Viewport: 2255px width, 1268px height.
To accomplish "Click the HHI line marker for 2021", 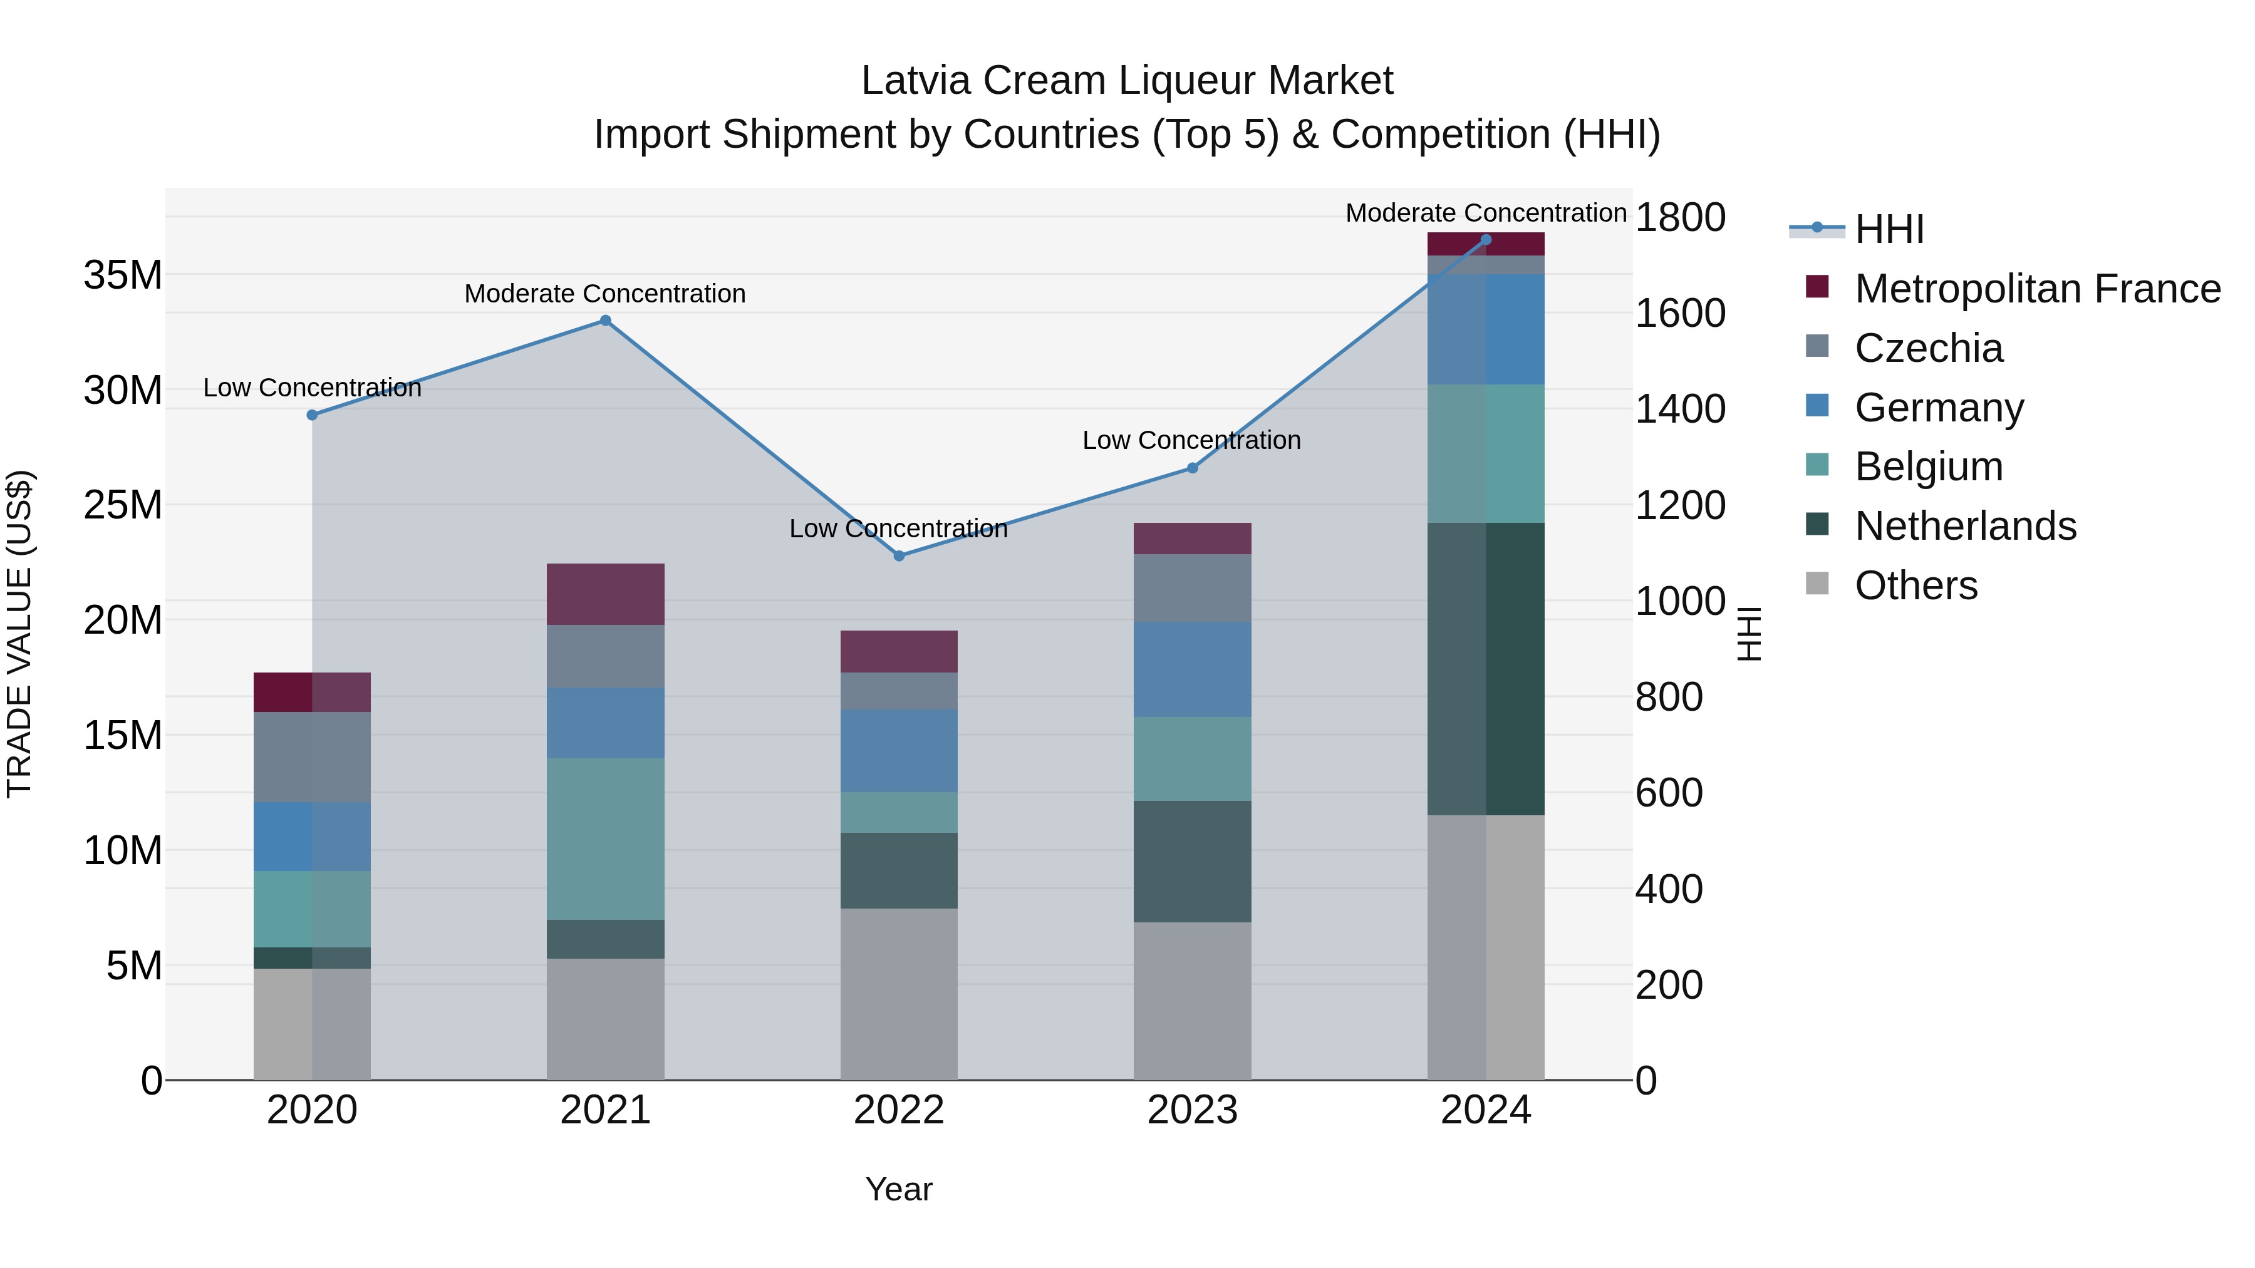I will [x=605, y=320].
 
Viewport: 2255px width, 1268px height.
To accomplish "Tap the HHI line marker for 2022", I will [x=899, y=555].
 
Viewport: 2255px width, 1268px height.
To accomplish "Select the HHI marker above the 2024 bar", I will [x=1486, y=240].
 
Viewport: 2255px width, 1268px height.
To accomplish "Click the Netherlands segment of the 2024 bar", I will [x=1486, y=669].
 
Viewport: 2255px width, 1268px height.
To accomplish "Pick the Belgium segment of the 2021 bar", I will [x=605, y=838].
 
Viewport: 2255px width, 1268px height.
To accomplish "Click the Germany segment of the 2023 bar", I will [x=1192, y=669].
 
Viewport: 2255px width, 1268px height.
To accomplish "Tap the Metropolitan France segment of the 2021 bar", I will [x=605, y=594].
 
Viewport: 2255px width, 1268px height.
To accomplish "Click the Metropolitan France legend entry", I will [x=2036, y=289].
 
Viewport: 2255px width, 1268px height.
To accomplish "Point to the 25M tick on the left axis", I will [x=123, y=505].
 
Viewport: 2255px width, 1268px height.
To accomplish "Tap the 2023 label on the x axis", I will [x=1192, y=1110].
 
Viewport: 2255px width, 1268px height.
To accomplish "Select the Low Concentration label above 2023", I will [x=1191, y=440].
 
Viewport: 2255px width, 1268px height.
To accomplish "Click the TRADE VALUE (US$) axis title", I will [x=19, y=634].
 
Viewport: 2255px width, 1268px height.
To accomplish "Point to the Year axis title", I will [x=899, y=1189].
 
